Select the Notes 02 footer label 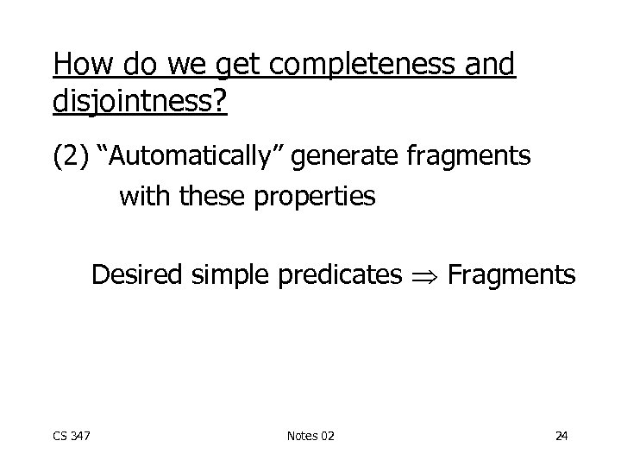[310, 436]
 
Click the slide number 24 [561, 436]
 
